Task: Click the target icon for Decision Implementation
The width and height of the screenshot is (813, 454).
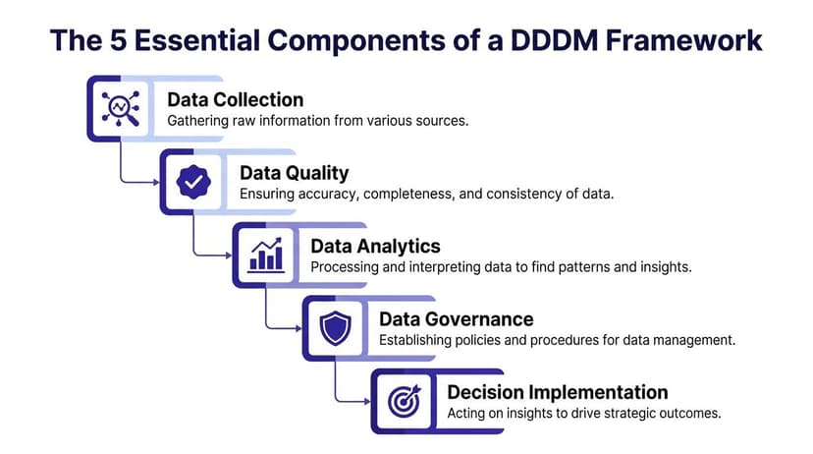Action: [405, 400]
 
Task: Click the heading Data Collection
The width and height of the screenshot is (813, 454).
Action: [236, 99]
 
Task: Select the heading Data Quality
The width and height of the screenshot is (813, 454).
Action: [294, 173]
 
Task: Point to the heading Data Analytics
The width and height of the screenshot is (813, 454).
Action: [375, 246]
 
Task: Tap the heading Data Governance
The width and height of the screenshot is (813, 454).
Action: [456, 319]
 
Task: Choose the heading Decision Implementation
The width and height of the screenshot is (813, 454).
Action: [558, 392]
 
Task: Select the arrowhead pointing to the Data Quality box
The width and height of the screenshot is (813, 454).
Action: [157, 182]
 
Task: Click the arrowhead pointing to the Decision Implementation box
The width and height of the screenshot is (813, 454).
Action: [367, 400]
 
